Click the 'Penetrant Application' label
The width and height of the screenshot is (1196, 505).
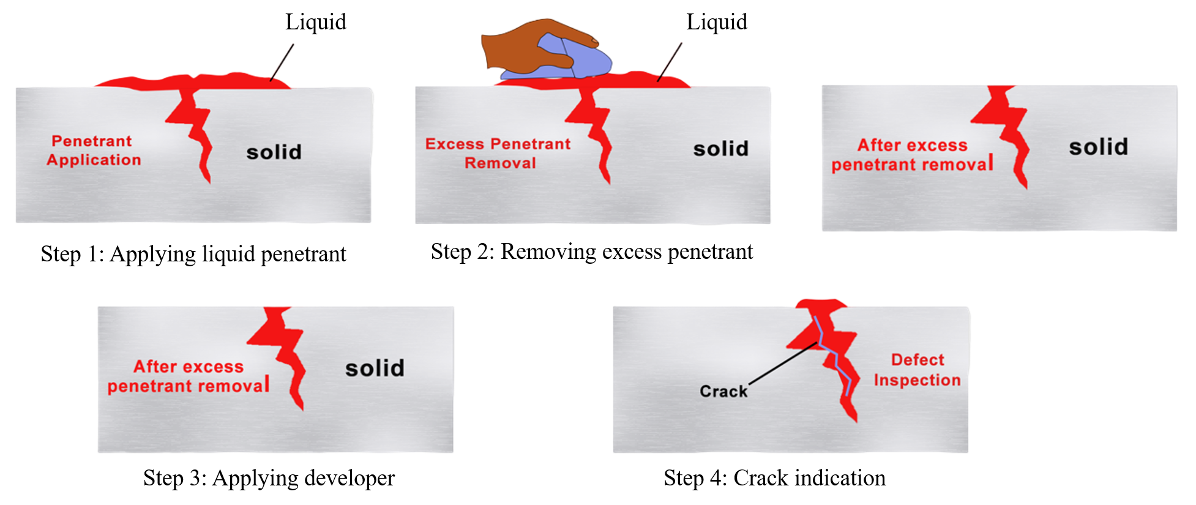coord(94,151)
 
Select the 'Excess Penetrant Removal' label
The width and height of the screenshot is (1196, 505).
coord(498,154)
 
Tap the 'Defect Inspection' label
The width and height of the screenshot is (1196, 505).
coord(917,370)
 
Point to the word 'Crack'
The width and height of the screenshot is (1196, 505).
coord(723,391)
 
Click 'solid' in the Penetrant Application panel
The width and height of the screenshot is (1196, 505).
coord(274,152)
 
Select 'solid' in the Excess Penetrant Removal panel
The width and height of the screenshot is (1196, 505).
coord(720,149)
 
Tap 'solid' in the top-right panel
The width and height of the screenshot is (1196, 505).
coord(1098,147)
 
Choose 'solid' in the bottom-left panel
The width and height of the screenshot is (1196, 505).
coord(375,368)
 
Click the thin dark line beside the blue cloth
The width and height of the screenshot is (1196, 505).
coord(670,61)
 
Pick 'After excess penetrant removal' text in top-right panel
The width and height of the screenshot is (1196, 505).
coord(911,155)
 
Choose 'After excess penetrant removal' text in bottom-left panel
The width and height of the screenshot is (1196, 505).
coord(188,376)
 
